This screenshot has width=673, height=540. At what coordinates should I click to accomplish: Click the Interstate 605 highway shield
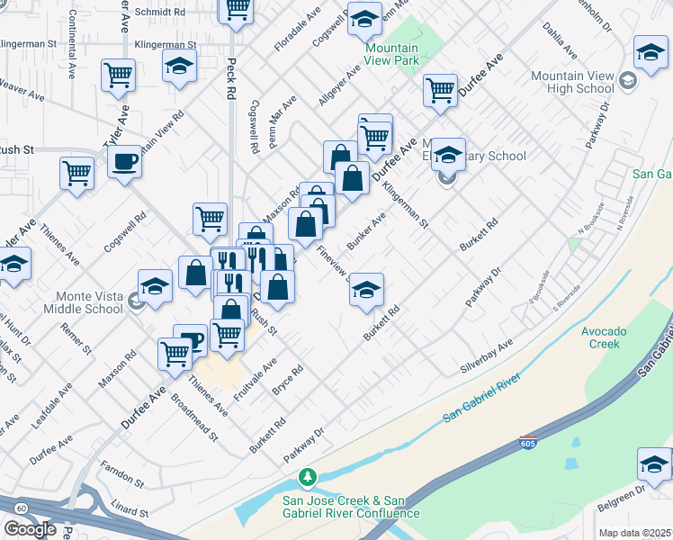(528, 444)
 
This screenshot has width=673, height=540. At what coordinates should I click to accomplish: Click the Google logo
(30, 529)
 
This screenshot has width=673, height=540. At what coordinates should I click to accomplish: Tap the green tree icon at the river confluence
(309, 475)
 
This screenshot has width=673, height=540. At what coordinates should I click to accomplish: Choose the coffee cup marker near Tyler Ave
(124, 162)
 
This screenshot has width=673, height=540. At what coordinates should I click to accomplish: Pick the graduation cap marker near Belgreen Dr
(654, 464)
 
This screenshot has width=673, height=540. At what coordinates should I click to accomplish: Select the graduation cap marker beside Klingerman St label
(179, 66)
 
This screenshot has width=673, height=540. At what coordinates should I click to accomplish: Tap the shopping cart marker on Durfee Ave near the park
(440, 90)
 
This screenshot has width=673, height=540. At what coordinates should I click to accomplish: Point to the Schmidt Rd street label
(159, 13)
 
